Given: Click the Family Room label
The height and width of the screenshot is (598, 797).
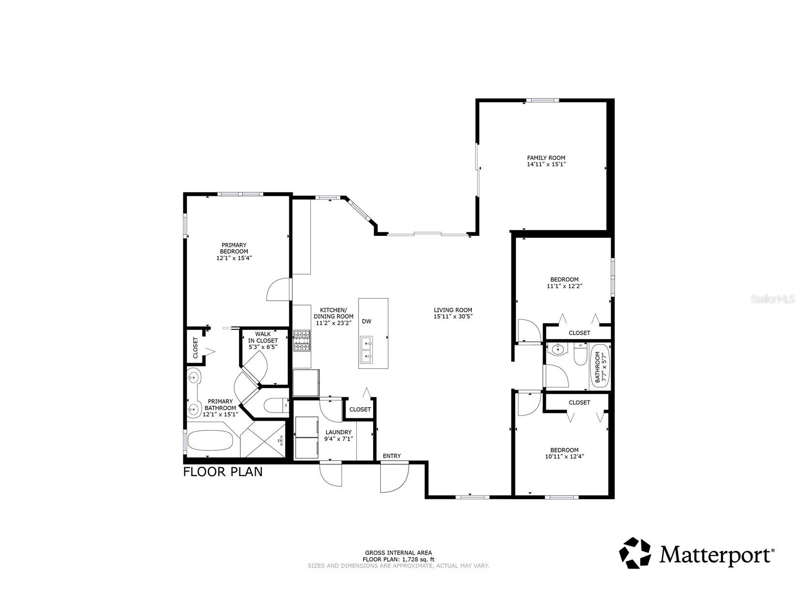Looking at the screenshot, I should click(x=546, y=158).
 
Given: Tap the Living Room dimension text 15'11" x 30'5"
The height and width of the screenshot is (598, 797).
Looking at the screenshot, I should click(x=452, y=317).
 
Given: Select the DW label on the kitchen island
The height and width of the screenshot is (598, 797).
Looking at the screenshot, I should click(x=367, y=322).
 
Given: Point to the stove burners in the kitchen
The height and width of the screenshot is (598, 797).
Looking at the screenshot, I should click(x=302, y=340).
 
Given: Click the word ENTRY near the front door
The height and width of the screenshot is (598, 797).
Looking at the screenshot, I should click(x=391, y=456).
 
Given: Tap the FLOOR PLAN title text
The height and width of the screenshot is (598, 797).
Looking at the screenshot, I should click(x=223, y=472).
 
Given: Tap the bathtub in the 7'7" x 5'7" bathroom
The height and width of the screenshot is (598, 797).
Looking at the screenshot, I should click(x=600, y=367).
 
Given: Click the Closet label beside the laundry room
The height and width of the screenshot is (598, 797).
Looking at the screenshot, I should click(x=360, y=409).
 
